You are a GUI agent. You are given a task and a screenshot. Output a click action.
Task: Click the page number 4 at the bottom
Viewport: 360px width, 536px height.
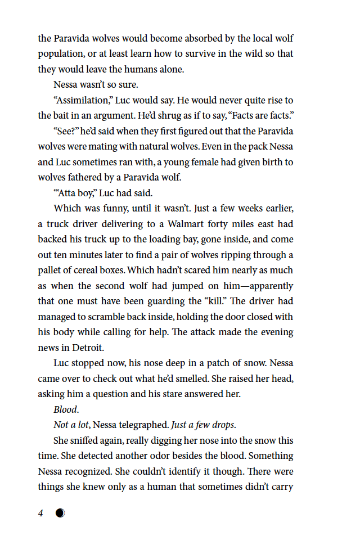(x=40, y=513)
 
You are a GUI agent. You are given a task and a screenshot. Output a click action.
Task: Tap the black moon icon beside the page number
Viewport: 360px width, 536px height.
(x=60, y=513)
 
